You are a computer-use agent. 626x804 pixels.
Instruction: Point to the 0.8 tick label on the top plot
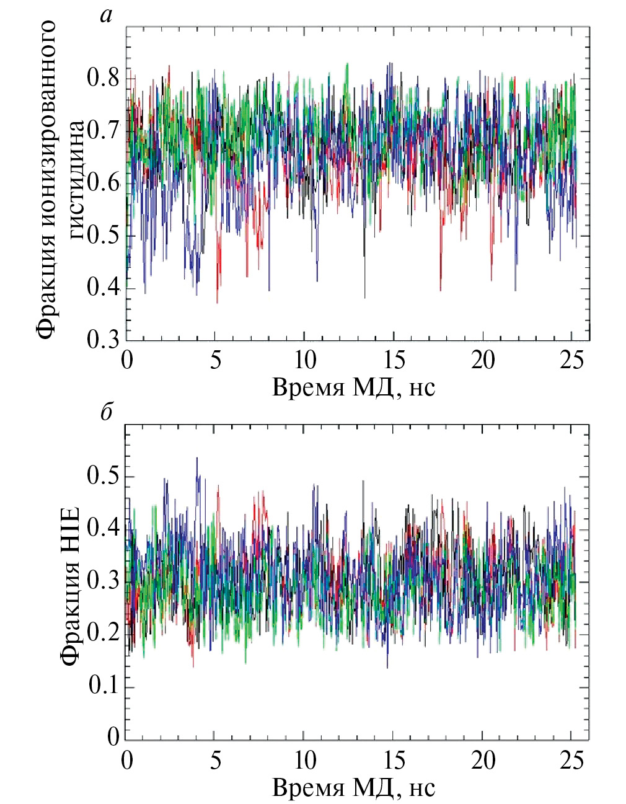(x=103, y=79)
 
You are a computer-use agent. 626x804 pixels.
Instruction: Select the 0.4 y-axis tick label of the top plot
(x=103, y=288)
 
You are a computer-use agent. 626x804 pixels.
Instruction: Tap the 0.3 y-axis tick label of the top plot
(x=103, y=340)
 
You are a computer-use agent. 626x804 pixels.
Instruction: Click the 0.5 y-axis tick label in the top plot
(x=103, y=236)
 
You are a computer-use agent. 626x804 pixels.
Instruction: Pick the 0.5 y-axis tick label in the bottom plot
(x=103, y=476)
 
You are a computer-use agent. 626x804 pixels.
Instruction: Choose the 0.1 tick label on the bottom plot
(x=103, y=686)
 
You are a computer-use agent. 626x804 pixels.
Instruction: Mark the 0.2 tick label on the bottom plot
(x=103, y=633)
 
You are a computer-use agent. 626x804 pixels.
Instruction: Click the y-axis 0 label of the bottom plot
(x=113, y=737)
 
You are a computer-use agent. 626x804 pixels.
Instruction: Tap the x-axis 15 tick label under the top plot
(x=394, y=360)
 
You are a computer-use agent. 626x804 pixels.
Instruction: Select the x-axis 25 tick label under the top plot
(x=571, y=360)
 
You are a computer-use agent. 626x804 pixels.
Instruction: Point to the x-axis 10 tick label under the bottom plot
(x=306, y=760)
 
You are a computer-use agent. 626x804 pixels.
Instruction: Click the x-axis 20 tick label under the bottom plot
(x=483, y=760)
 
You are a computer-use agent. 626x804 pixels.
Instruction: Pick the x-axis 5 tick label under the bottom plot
(x=215, y=760)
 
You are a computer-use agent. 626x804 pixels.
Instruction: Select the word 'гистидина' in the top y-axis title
(x=77, y=180)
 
